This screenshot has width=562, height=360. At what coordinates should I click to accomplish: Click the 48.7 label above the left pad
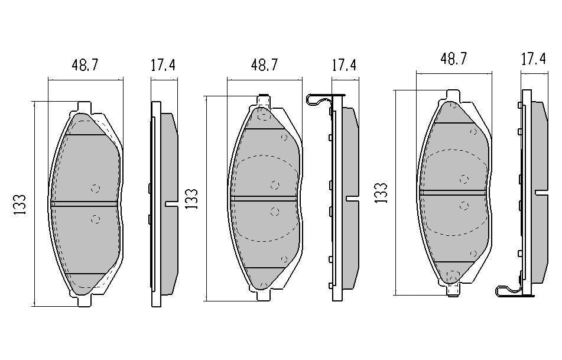point(85,65)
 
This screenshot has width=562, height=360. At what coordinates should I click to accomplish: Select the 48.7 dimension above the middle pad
point(264,65)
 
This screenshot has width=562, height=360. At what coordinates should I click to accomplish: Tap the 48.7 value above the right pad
point(453,58)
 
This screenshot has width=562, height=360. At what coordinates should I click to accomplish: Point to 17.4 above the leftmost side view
point(163,65)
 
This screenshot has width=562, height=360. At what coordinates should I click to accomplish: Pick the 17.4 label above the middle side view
point(345,65)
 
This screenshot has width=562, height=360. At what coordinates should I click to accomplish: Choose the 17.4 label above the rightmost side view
point(533,59)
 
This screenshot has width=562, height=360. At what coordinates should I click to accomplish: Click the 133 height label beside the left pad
point(20,205)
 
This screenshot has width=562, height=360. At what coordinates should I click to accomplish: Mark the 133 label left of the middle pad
point(191,199)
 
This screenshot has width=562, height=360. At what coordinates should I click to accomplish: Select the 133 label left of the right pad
point(381,193)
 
